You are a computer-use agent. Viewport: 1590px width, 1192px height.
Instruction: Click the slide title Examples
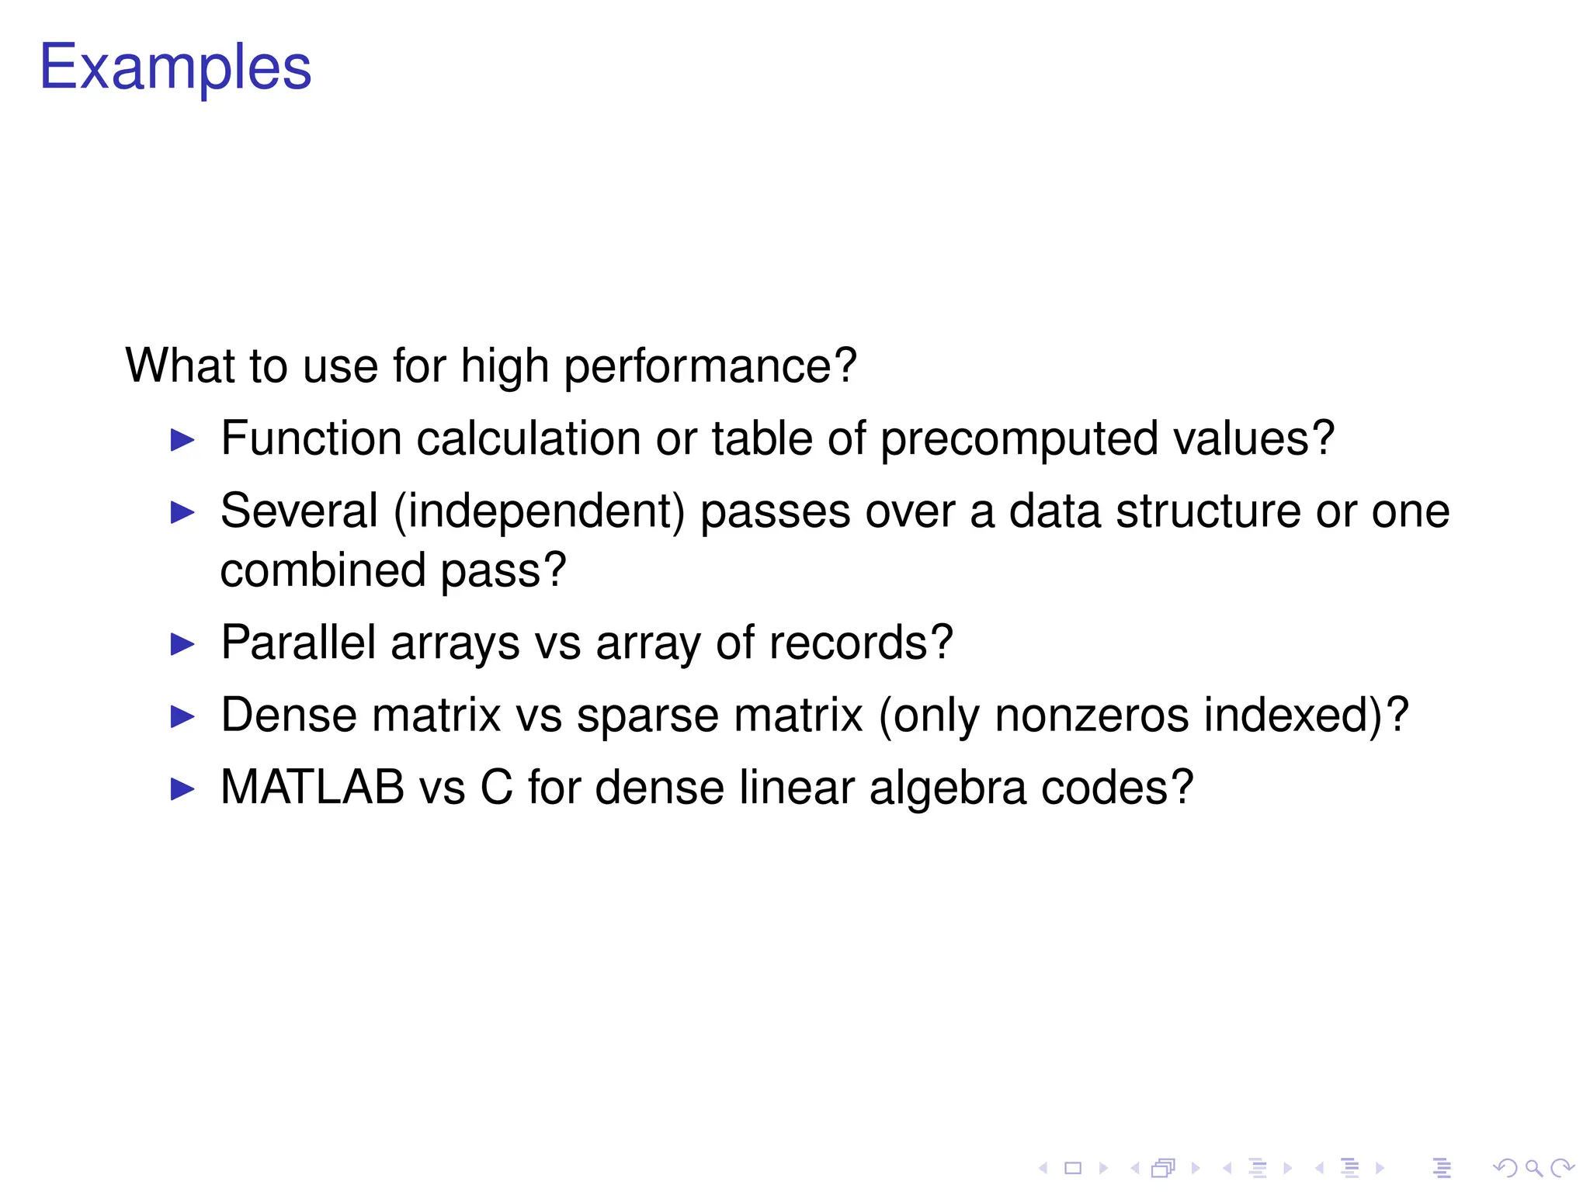click(175, 68)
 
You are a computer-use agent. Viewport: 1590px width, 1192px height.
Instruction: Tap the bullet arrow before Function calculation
click(182, 440)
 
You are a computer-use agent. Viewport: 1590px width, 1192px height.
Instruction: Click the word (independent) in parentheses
click(540, 512)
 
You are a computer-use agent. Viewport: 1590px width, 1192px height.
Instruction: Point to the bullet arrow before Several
click(182, 512)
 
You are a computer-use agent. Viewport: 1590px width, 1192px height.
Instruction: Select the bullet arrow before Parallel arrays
click(182, 644)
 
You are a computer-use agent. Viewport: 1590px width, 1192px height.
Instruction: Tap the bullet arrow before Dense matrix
click(182, 716)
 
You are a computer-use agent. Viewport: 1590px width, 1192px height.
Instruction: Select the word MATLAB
click(312, 788)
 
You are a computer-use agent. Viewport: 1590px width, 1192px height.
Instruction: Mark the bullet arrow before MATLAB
click(182, 789)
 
